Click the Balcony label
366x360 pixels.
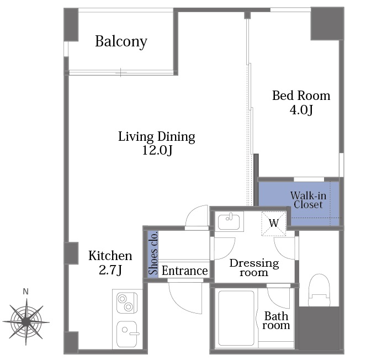[x=121, y=42]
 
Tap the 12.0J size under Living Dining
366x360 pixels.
[x=157, y=150]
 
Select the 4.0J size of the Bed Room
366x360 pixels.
[x=301, y=110]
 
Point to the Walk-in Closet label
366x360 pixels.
[x=308, y=200]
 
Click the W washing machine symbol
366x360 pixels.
[x=274, y=224]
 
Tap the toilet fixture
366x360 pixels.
[x=319, y=290]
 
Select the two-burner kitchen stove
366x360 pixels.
[x=127, y=303]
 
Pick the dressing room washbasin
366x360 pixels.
[x=229, y=221]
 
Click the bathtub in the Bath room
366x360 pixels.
[x=236, y=317]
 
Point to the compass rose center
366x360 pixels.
[x=26, y=322]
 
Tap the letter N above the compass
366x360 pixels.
[x=26, y=292]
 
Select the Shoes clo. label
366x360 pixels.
[x=153, y=253]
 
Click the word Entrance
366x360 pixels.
[x=184, y=271]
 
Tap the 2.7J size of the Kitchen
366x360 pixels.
[x=110, y=271]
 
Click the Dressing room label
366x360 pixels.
[x=254, y=268]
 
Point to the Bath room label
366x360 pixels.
[x=276, y=321]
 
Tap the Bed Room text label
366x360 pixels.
[x=301, y=96]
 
